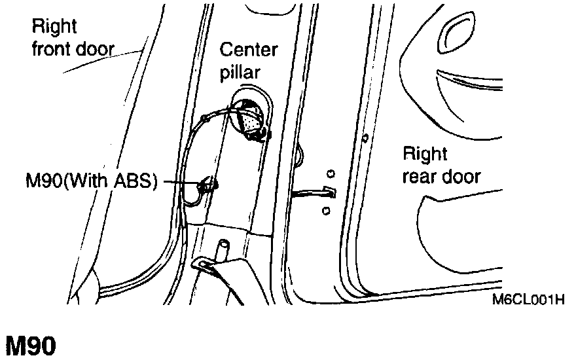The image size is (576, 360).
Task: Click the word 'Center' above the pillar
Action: point(249,50)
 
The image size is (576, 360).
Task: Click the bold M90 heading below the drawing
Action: point(31,346)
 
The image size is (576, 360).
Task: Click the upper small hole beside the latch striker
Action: point(331,173)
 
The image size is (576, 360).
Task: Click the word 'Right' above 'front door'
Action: point(54,27)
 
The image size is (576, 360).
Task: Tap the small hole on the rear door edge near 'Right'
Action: point(365,138)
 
